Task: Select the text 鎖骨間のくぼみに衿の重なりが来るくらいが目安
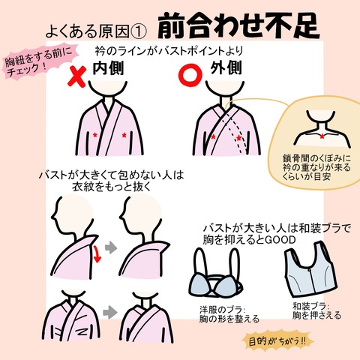[x=316, y=170]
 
